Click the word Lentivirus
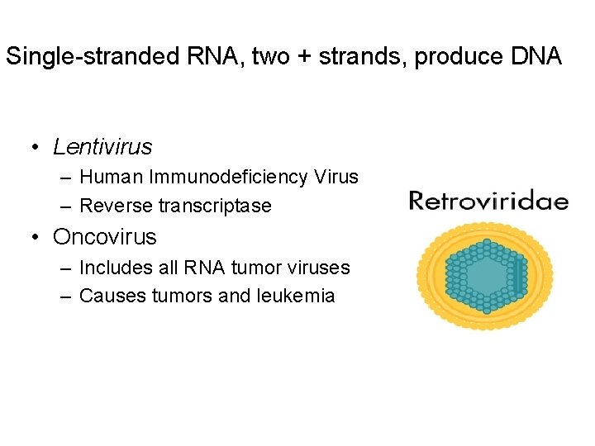pyautogui.click(x=102, y=147)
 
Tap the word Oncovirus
pyautogui.click(x=104, y=237)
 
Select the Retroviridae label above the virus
pyautogui.click(x=488, y=201)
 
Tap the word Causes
pyautogui.click(x=110, y=296)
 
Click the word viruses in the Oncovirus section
pyautogui.click(x=319, y=268)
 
